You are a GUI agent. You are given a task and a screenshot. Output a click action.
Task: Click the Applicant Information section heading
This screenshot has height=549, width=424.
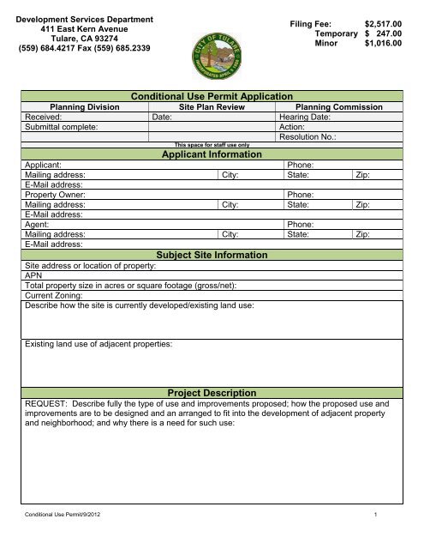pos(212,154)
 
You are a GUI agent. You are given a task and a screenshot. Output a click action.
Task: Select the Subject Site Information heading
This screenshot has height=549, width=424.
pos(212,256)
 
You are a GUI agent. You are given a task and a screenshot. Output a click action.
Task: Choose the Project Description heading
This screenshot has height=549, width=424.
pos(212,392)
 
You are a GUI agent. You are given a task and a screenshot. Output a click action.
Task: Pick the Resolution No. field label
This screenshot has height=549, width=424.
pos(311,137)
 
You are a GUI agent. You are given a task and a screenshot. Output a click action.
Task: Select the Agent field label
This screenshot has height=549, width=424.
pos(39,223)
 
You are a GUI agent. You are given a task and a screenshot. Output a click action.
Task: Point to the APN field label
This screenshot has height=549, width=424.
pos(34,277)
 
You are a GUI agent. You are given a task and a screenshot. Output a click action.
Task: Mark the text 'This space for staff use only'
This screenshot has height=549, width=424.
pos(211,146)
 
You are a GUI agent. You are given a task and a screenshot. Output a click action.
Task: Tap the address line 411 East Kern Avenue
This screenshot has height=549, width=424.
pos(83,27)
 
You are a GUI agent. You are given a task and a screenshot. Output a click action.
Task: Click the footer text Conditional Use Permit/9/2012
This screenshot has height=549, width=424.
pos(64,537)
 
